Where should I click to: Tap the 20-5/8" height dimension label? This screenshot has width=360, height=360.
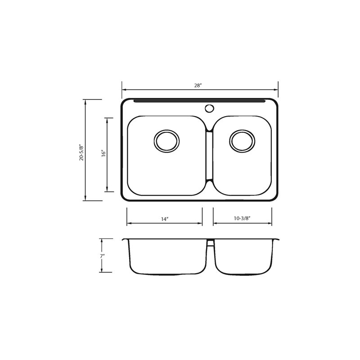[81, 153]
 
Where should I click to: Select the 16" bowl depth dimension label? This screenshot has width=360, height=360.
[103, 154]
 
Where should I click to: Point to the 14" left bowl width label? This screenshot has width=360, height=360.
[164, 219]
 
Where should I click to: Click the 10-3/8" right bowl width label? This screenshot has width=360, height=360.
[242, 219]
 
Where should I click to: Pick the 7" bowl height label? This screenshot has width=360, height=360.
[103, 256]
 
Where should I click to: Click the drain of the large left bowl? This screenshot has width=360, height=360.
[166, 141]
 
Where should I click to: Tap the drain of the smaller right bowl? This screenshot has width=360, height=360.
[242, 141]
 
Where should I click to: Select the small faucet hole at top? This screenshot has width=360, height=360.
[208, 108]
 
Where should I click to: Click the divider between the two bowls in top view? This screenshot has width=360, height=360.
[209, 155]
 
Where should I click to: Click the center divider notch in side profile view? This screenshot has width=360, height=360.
[209, 243]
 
